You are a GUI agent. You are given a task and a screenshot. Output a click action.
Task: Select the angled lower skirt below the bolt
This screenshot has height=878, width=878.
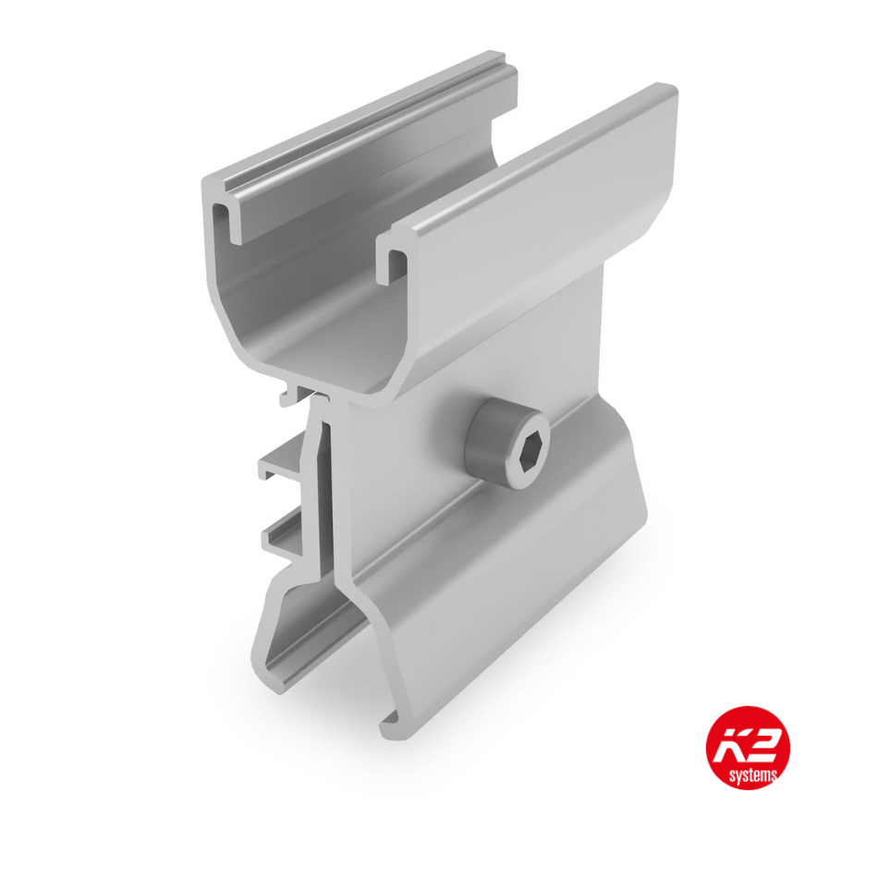click(518, 573)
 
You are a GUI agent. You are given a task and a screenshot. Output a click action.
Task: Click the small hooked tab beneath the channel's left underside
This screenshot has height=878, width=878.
click(288, 396)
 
